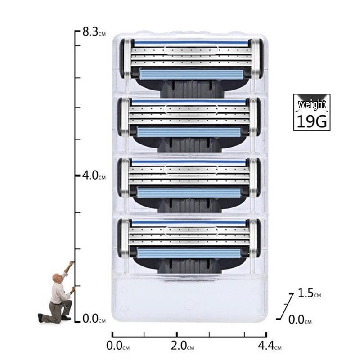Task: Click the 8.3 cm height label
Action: coord(94,31)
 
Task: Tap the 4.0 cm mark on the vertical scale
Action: coord(94,175)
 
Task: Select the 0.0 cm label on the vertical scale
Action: coord(94,319)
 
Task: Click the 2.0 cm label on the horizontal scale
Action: coord(182,345)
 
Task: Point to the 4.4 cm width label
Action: coord(270,345)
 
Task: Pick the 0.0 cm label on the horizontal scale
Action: coord(118,345)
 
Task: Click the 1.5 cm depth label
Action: coord(309,293)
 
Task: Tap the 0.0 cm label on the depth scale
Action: coord(300,319)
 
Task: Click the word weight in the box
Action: coord(312,104)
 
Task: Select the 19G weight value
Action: coord(312,121)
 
